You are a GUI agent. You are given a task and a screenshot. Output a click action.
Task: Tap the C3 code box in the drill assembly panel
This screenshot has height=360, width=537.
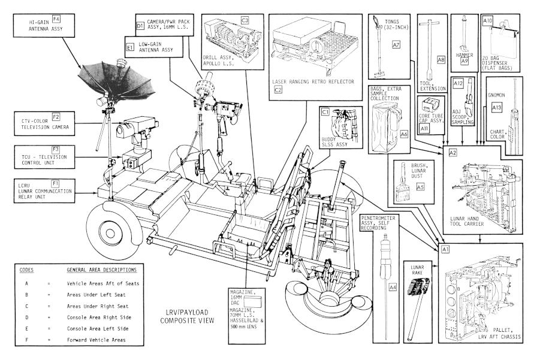(245, 20)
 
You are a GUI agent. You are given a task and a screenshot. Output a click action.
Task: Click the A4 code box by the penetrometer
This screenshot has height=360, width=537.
(393, 288)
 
